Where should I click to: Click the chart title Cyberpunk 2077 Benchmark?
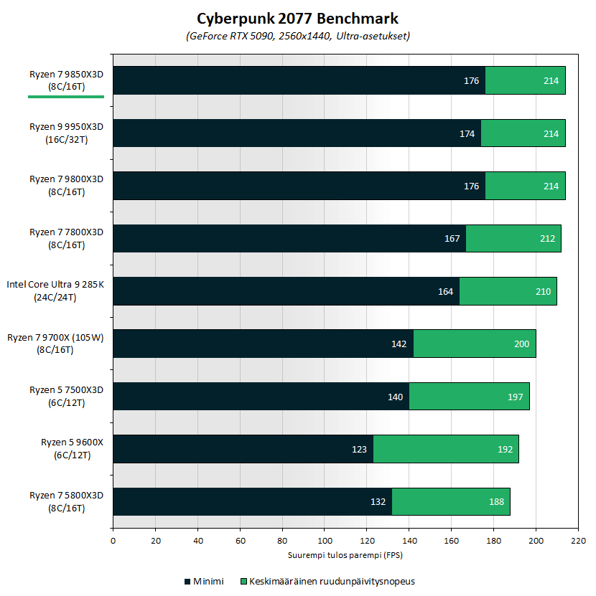click(297, 18)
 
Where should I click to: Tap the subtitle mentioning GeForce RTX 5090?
click(297, 35)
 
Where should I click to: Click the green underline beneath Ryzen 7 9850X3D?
click(66, 95)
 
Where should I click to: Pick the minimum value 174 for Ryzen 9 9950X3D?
click(467, 133)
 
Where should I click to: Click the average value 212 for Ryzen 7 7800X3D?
click(547, 239)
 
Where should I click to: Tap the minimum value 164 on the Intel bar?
click(445, 291)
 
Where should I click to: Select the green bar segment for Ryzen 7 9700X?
click(475, 344)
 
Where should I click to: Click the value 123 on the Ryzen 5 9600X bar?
click(359, 450)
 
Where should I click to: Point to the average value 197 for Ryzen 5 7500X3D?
click(515, 397)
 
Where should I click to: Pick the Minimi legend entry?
click(204, 581)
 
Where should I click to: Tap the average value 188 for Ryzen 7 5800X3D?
click(496, 502)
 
